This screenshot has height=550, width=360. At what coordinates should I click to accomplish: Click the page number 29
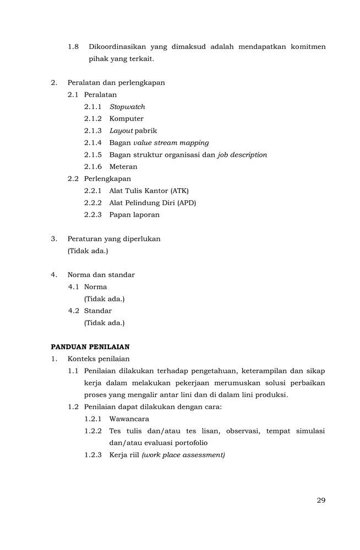click(x=321, y=500)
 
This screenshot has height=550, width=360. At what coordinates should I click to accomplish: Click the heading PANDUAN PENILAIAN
click(x=90, y=347)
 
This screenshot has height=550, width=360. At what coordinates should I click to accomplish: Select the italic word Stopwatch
click(x=127, y=107)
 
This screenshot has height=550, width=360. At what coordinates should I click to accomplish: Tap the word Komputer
click(x=127, y=119)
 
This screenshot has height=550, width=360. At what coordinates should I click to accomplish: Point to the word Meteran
click(x=123, y=167)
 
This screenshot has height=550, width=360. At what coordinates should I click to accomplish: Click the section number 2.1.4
click(x=93, y=142)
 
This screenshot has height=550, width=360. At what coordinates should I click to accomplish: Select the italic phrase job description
click(x=242, y=155)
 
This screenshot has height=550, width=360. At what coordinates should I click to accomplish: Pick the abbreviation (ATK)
click(x=179, y=191)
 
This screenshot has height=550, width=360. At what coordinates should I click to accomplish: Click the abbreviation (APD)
click(x=186, y=203)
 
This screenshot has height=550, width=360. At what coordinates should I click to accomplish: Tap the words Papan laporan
click(x=134, y=215)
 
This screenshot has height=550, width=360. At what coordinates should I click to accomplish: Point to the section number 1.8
click(x=74, y=47)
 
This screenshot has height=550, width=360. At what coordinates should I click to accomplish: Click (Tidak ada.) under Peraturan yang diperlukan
click(x=88, y=251)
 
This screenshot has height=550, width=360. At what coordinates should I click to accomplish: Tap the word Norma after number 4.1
click(x=96, y=287)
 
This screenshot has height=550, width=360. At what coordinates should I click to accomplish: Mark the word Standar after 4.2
click(x=98, y=311)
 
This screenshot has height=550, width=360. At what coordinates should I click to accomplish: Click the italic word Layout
click(x=121, y=131)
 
